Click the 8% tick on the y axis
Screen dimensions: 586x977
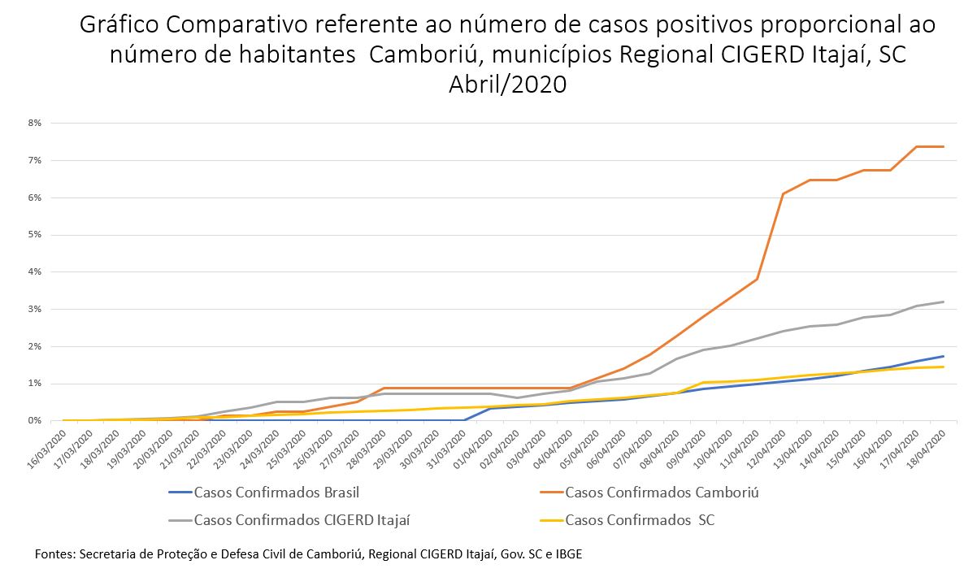35,124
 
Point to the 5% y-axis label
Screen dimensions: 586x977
35,235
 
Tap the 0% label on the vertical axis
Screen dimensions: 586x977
35,421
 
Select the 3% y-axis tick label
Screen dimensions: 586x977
35,310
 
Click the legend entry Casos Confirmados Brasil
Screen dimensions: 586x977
276,492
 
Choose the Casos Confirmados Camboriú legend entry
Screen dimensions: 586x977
662,492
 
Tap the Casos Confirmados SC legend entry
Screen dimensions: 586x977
639,519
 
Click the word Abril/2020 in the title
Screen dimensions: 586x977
507,85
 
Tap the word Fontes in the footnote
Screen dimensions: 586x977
54,554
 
